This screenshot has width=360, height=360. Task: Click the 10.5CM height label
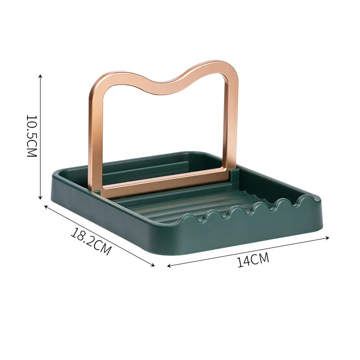[x=31, y=136]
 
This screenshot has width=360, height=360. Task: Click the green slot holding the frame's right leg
[x=234, y=172]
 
